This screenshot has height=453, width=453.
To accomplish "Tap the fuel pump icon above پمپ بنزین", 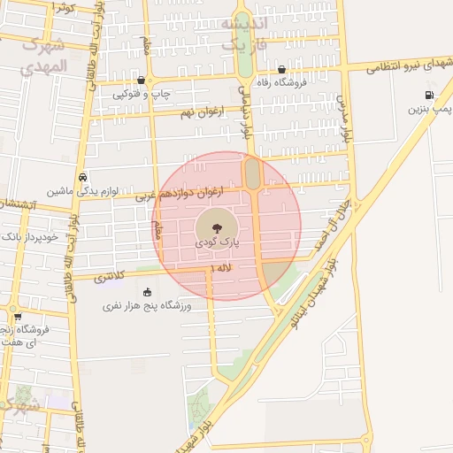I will click(x=429, y=96).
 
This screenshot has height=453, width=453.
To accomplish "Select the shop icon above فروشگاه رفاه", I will click(x=281, y=69).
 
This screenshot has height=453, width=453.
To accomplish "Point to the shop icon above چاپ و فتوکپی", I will click(x=142, y=80).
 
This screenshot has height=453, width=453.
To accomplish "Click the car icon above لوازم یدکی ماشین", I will click(x=82, y=176).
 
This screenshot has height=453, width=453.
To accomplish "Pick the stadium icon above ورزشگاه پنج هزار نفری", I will click(x=147, y=292).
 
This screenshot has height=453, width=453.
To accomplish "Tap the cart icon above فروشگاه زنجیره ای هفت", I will click(x=17, y=316).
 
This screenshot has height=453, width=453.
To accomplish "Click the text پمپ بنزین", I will click(x=429, y=110).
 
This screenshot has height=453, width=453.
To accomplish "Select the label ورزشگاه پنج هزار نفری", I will click(x=147, y=306).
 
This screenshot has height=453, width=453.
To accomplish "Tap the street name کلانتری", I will click(x=111, y=276).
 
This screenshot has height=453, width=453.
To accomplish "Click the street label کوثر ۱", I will click(x=63, y=7).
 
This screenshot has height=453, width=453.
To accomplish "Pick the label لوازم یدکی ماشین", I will click(x=82, y=190).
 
